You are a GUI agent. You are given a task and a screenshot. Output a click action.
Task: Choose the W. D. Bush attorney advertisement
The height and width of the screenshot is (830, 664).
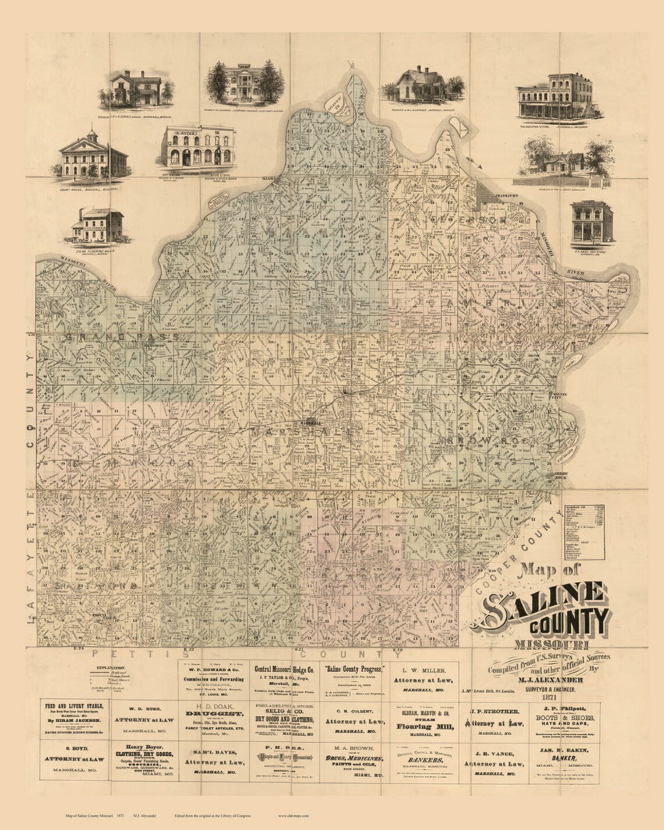pyautogui.click(x=143, y=716)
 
